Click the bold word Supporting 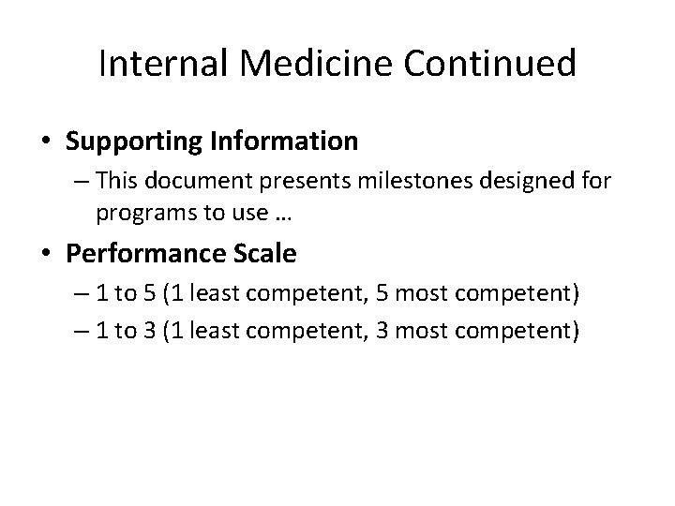tap(131, 141)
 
